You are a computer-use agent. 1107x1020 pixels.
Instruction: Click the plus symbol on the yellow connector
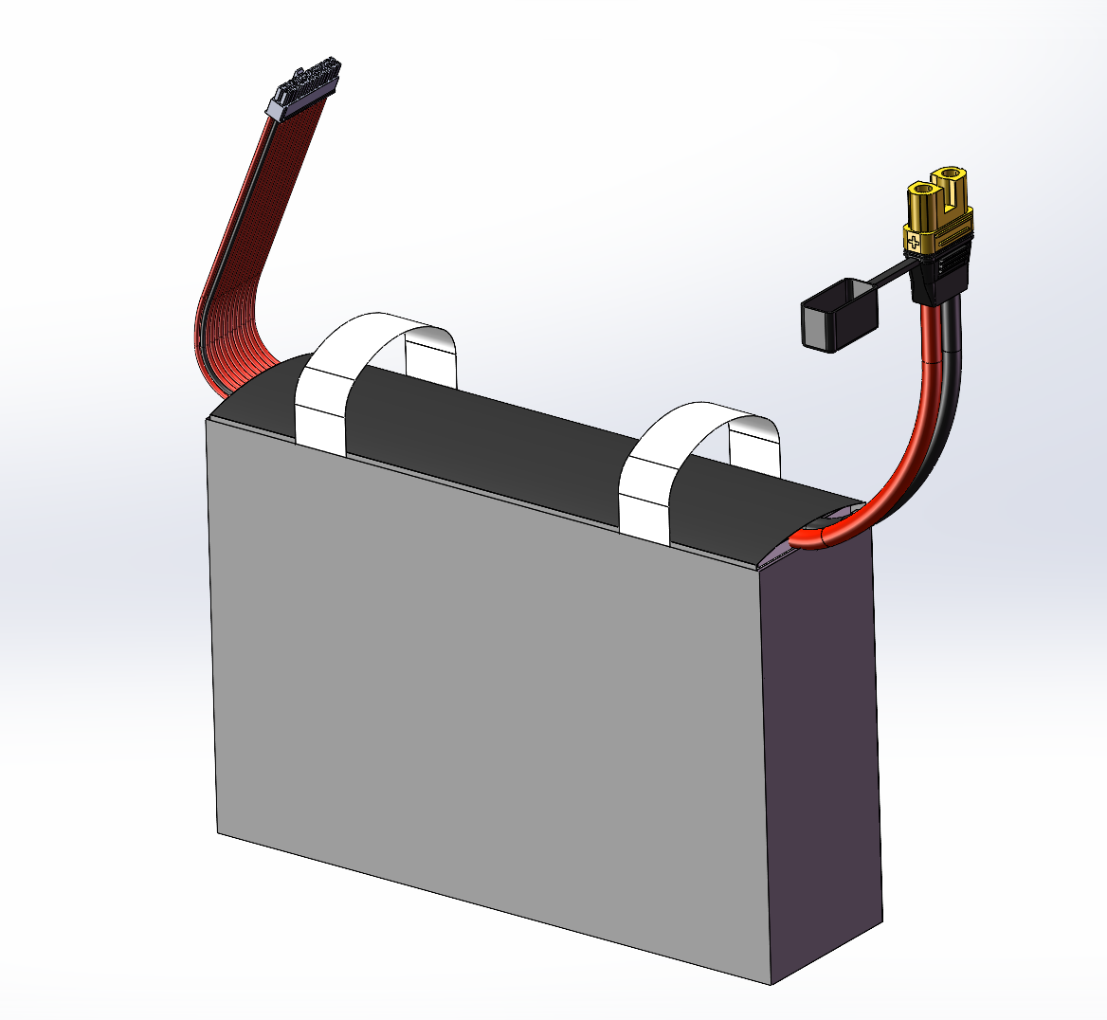coord(915,243)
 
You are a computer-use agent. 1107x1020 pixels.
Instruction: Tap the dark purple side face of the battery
coord(825,758)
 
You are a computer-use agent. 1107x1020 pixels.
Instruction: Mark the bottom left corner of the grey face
coord(218,833)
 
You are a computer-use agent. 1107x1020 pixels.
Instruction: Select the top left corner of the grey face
coord(208,419)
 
